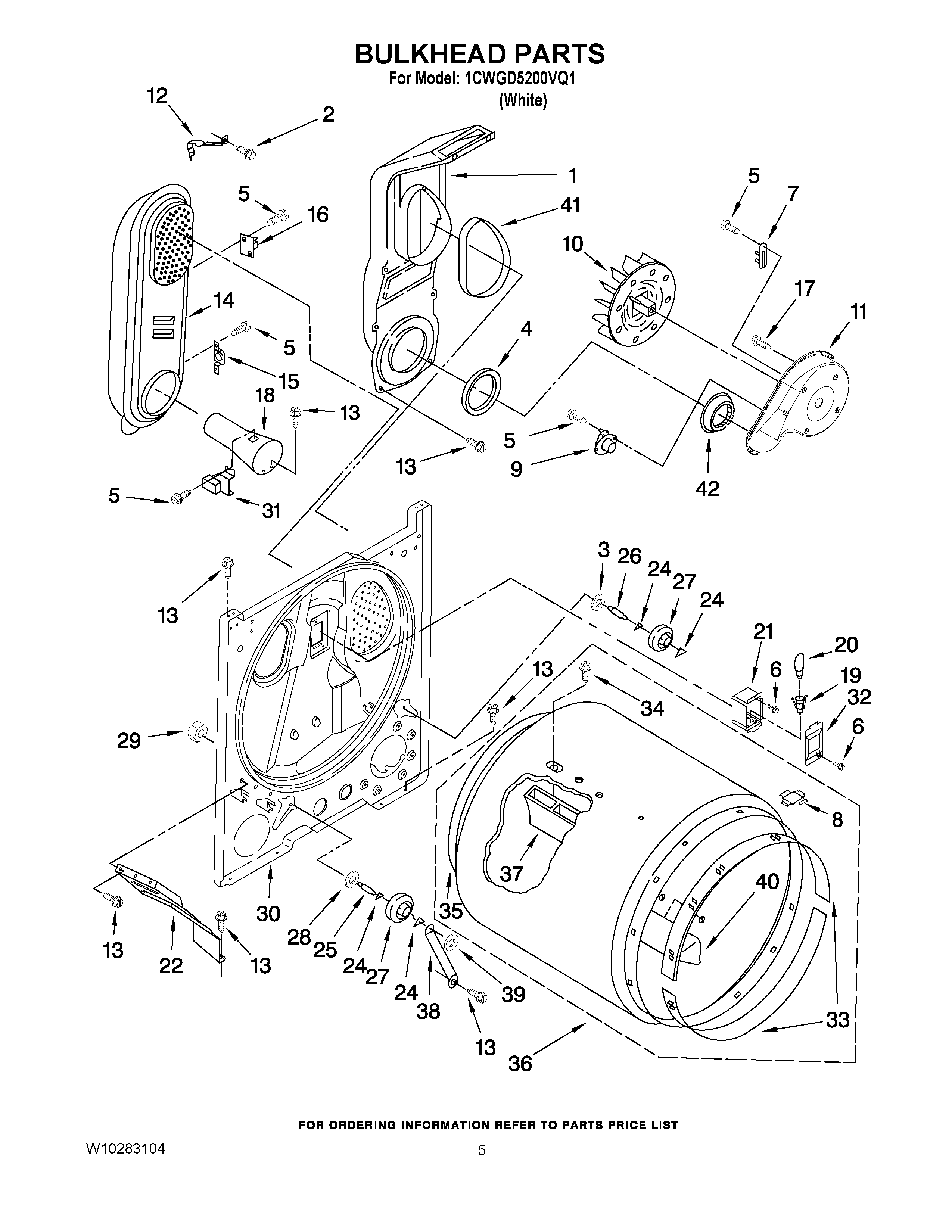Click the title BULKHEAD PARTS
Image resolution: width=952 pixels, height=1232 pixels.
click(x=479, y=54)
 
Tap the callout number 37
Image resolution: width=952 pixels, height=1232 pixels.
click(x=511, y=874)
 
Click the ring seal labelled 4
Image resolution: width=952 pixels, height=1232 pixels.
click(x=482, y=389)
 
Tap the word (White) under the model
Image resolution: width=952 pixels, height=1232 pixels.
click(x=523, y=100)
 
